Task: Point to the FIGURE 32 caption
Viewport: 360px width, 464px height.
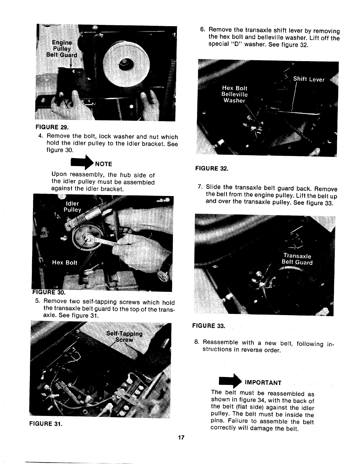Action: click(x=212, y=169)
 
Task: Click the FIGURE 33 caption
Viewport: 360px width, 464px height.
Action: click(x=209, y=326)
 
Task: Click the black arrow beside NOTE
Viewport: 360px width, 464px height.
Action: click(x=82, y=163)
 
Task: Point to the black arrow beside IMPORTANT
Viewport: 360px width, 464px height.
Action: click(x=230, y=381)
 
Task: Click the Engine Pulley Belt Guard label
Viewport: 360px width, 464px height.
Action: click(x=62, y=49)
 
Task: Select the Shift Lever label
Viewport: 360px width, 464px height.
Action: click(x=309, y=80)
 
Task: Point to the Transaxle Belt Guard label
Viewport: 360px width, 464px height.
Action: click(x=297, y=259)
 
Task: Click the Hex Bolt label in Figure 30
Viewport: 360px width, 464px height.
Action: click(x=65, y=263)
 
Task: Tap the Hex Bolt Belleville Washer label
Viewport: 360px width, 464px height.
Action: click(x=235, y=94)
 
